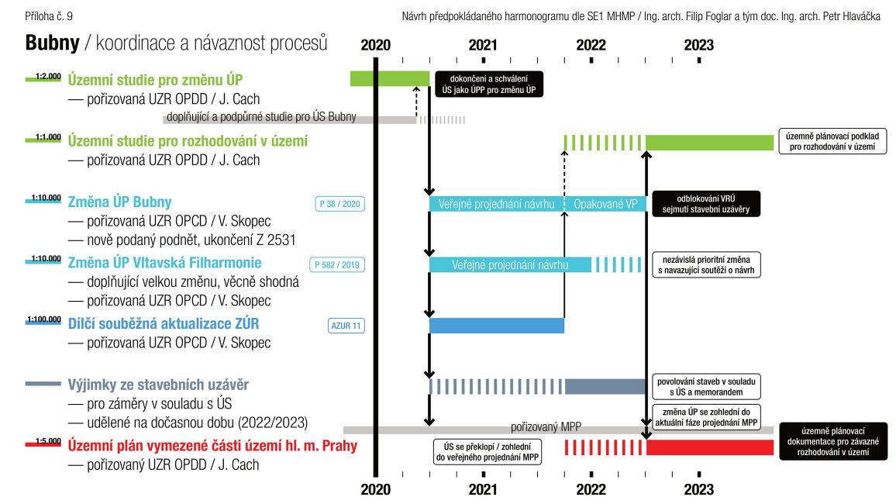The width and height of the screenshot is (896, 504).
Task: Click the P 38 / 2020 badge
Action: (x=339, y=204)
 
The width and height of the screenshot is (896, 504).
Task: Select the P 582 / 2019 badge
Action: (x=336, y=264)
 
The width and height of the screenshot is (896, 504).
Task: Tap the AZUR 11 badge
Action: (x=346, y=326)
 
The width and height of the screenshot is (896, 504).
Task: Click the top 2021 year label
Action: (x=483, y=45)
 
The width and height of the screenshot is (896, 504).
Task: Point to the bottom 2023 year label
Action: (x=699, y=489)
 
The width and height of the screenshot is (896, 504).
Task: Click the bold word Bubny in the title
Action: (x=53, y=43)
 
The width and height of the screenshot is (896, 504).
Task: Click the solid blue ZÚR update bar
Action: (x=497, y=326)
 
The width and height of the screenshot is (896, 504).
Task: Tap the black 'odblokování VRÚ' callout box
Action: (x=705, y=203)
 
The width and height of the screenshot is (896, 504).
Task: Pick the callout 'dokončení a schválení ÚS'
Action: (x=488, y=84)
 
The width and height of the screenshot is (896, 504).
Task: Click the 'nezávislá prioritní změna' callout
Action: (x=706, y=264)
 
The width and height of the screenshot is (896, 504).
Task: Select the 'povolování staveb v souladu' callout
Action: (x=706, y=386)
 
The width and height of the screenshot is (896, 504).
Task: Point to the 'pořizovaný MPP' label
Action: (x=546, y=427)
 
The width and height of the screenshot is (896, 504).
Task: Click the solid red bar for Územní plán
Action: (x=709, y=447)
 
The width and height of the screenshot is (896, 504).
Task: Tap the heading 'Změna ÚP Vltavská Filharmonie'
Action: (x=165, y=262)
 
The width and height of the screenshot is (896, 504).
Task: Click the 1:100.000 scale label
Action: (x=43, y=319)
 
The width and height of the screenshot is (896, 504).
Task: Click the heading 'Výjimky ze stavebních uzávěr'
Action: (x=158, y=385)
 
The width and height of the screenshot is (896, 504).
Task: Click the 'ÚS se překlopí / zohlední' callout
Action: (x=486, y=451)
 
